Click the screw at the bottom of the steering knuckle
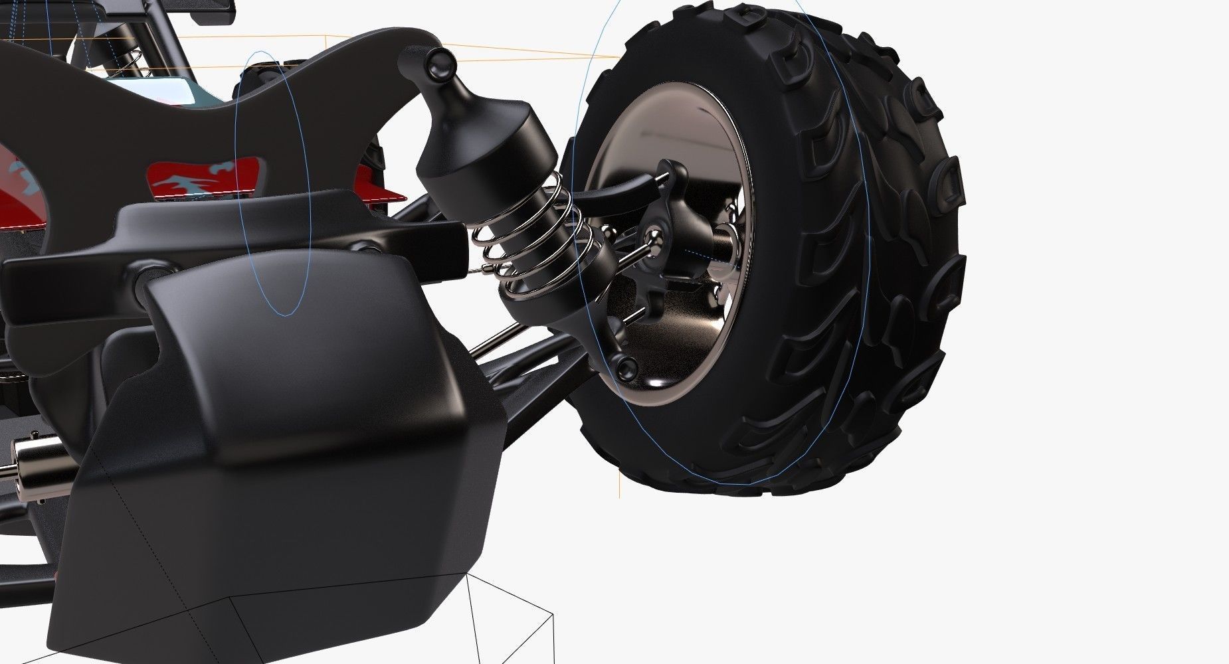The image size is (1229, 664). click(625, 366)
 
